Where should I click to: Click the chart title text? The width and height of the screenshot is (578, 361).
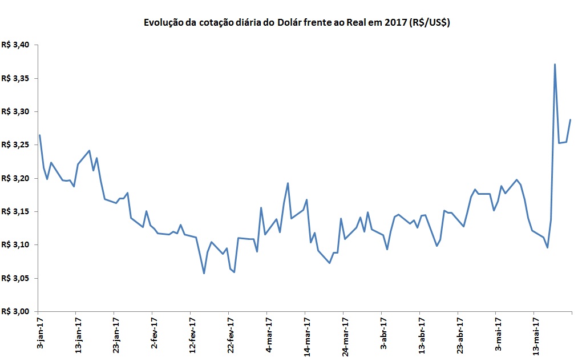pyautogui.click(x=296, y=23)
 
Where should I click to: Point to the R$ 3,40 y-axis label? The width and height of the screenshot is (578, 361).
pyautogui.click(x=19, y=45)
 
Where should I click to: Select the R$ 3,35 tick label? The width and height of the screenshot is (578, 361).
pyautogui.click(x=19, y=78)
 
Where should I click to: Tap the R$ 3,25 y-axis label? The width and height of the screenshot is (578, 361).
pyautogui.click(x=19, y=145)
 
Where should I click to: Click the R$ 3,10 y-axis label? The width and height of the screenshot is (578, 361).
pyautogui.click(x=19, y=245)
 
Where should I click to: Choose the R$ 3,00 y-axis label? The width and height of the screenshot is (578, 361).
pyautogui.click(x=19, y=311)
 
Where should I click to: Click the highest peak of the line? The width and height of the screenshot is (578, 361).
pyautogui.click(x=555, y=65)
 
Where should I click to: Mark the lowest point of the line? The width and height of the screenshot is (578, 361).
pyautogui.click(x=204, y=273)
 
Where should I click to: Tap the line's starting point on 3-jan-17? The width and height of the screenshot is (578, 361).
pyautogui.click(x=39, y=135)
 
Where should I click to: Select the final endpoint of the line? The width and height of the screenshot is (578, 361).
pyautogui.click(x=570, y=120)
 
